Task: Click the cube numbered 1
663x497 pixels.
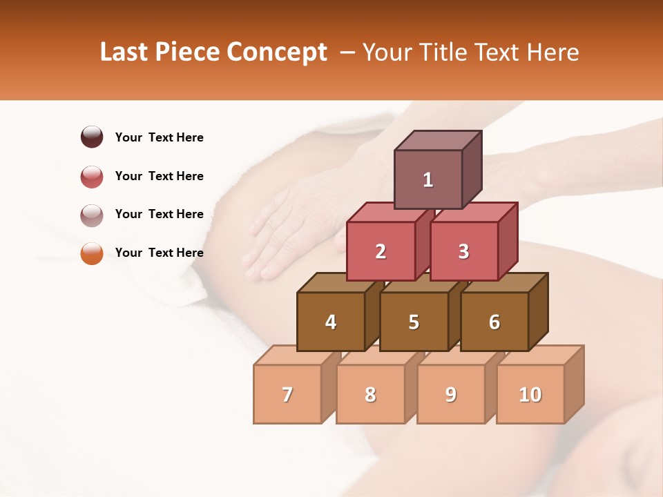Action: (x=428, y=179)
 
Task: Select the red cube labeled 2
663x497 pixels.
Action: (x=381, y=251)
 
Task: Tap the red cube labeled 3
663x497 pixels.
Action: (x=463, y=251)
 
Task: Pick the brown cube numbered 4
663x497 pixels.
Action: (x=331, y=322)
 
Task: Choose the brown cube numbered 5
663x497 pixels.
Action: (x=414, y=322)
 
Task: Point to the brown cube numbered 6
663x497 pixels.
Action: (x=494, y=322)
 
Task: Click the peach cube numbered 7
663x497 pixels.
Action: (x=287, y=394)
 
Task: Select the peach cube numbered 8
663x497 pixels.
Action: (x=370, y=394)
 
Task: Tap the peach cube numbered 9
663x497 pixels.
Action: (x=450, y=394)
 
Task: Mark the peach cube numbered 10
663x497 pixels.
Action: (x=530, y=394)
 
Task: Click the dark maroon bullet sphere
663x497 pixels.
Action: (x=92, y=137)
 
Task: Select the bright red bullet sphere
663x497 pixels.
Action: (x=92, y=176)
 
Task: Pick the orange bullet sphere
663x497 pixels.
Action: (x=92, y=253)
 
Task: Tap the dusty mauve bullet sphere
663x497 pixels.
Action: (x=92, y=215)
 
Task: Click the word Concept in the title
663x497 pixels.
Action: (x=276, y=52)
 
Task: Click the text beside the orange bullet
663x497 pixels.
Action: (x=159, y=253)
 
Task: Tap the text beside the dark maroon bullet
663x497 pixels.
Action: (x=159, y=137)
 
